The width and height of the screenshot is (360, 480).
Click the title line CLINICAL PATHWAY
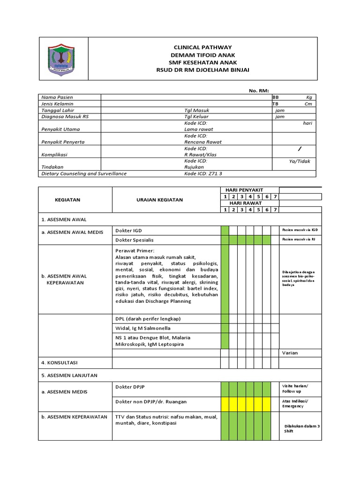click(202, 47)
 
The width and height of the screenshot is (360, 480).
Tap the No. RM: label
click(259, 91)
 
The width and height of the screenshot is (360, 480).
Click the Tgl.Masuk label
click(196, 110)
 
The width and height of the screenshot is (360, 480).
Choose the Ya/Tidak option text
click(300, 161)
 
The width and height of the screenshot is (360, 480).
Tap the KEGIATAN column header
click(67, 200)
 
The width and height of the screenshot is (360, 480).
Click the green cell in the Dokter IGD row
click(225, 231)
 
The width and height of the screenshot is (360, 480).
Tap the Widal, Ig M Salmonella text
click(143, 328)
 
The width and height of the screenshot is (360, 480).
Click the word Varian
click(289, 352)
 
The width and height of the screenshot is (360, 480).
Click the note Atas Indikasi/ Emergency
click(296, 404)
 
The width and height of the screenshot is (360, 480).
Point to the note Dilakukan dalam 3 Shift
click(301, 428)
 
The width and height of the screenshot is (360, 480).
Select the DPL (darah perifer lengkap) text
click(148, 319)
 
